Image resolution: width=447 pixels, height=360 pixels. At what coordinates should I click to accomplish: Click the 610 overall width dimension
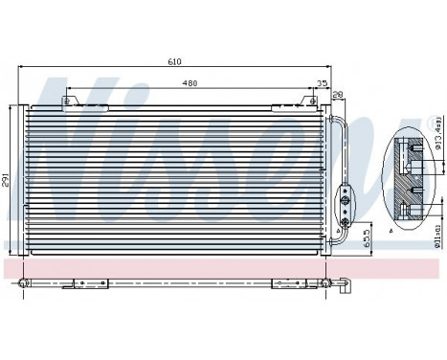click(173, 61)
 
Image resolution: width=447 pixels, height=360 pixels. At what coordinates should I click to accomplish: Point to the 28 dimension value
click(338, 95)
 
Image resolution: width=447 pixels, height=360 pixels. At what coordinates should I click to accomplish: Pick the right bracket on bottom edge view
click(286, 281)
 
